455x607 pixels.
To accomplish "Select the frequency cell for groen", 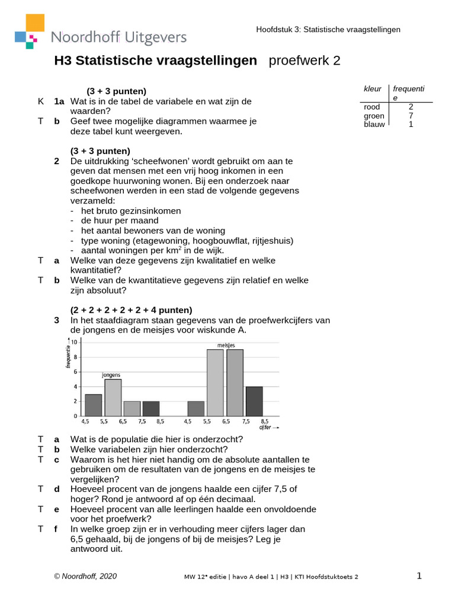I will [411, 116].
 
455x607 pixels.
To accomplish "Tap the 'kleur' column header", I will [373, 89].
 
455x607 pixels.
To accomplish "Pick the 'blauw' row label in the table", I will [374, 124].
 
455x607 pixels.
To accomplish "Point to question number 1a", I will [59, 101].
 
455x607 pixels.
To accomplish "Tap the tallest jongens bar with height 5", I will [113, 397].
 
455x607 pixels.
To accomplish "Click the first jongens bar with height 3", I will [94, 405].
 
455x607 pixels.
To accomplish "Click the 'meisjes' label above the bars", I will [226, 345].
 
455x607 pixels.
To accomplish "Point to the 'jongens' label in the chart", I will [111, 375].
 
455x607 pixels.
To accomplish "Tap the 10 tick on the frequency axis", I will [73, 342].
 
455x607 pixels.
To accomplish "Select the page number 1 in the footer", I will [419, 576].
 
